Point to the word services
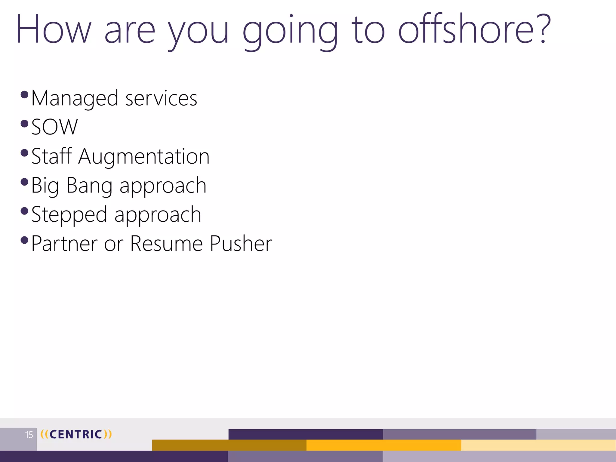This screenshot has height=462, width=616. [161, 98]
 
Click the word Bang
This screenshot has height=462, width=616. [89, 186]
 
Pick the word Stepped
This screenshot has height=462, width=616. [69, 215]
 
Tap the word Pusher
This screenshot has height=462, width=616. [241, 244]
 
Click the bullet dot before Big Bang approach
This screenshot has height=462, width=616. [24, 182]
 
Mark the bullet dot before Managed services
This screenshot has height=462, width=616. [24, 95]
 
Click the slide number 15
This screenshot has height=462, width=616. [29, 435]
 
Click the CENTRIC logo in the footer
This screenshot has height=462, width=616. [76, 434]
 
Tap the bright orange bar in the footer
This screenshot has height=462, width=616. [383, 445]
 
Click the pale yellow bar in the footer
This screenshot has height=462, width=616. [538, 445]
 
